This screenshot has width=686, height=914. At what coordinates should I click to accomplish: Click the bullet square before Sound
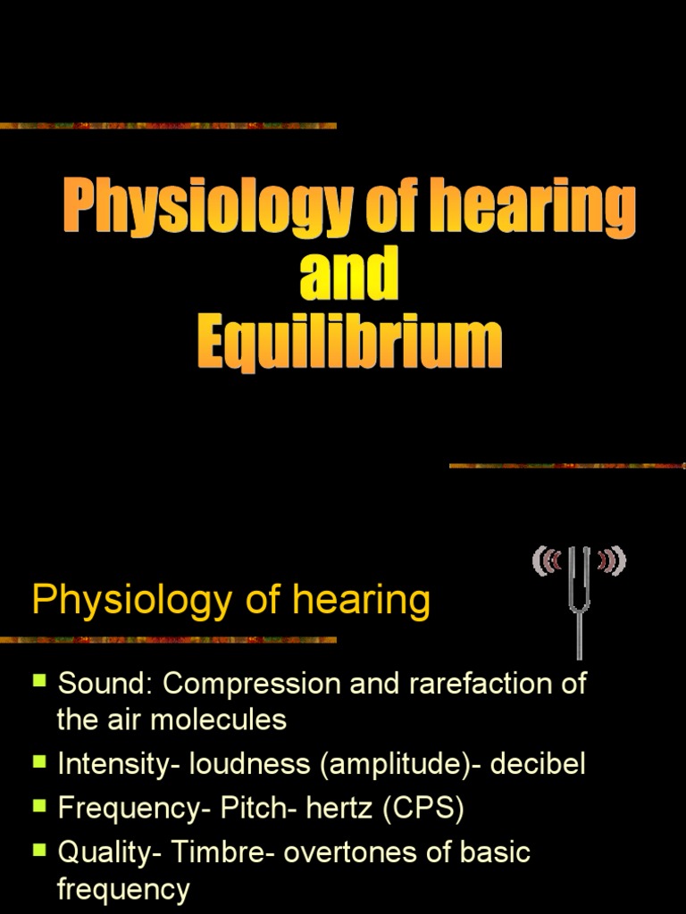39,681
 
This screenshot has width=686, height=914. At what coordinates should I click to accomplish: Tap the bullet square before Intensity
39,761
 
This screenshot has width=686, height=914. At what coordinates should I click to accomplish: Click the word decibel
538,765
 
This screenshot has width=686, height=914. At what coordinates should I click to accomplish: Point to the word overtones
351,852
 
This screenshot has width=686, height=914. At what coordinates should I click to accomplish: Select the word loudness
247,765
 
